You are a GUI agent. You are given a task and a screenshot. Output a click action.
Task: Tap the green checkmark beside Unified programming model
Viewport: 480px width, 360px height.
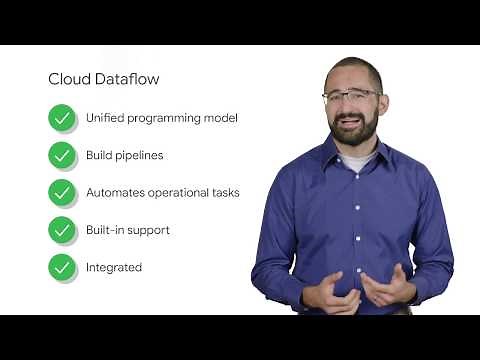click(62, 118)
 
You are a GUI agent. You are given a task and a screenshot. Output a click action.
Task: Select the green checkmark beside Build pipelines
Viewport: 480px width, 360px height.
click(62, 155)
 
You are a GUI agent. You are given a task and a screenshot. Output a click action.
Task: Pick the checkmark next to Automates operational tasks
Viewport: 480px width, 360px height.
click(62, 192)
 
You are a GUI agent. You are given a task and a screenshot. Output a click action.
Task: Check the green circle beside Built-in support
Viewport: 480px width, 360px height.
click(62, 230)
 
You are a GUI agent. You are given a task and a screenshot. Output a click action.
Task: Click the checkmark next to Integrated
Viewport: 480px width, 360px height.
click(62, 267)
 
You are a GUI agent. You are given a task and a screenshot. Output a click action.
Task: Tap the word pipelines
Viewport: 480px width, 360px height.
click(141, 156)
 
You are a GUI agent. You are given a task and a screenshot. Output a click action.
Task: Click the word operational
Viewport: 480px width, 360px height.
click(179, 193)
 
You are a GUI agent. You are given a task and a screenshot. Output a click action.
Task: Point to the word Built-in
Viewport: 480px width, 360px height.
click(105, 230)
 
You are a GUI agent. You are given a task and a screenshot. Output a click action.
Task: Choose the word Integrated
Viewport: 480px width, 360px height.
click(113, 268)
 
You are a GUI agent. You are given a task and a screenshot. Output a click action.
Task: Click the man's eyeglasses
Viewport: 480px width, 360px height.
click(351, 96)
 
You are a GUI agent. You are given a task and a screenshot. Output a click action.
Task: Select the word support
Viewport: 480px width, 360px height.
click(149, 231)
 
